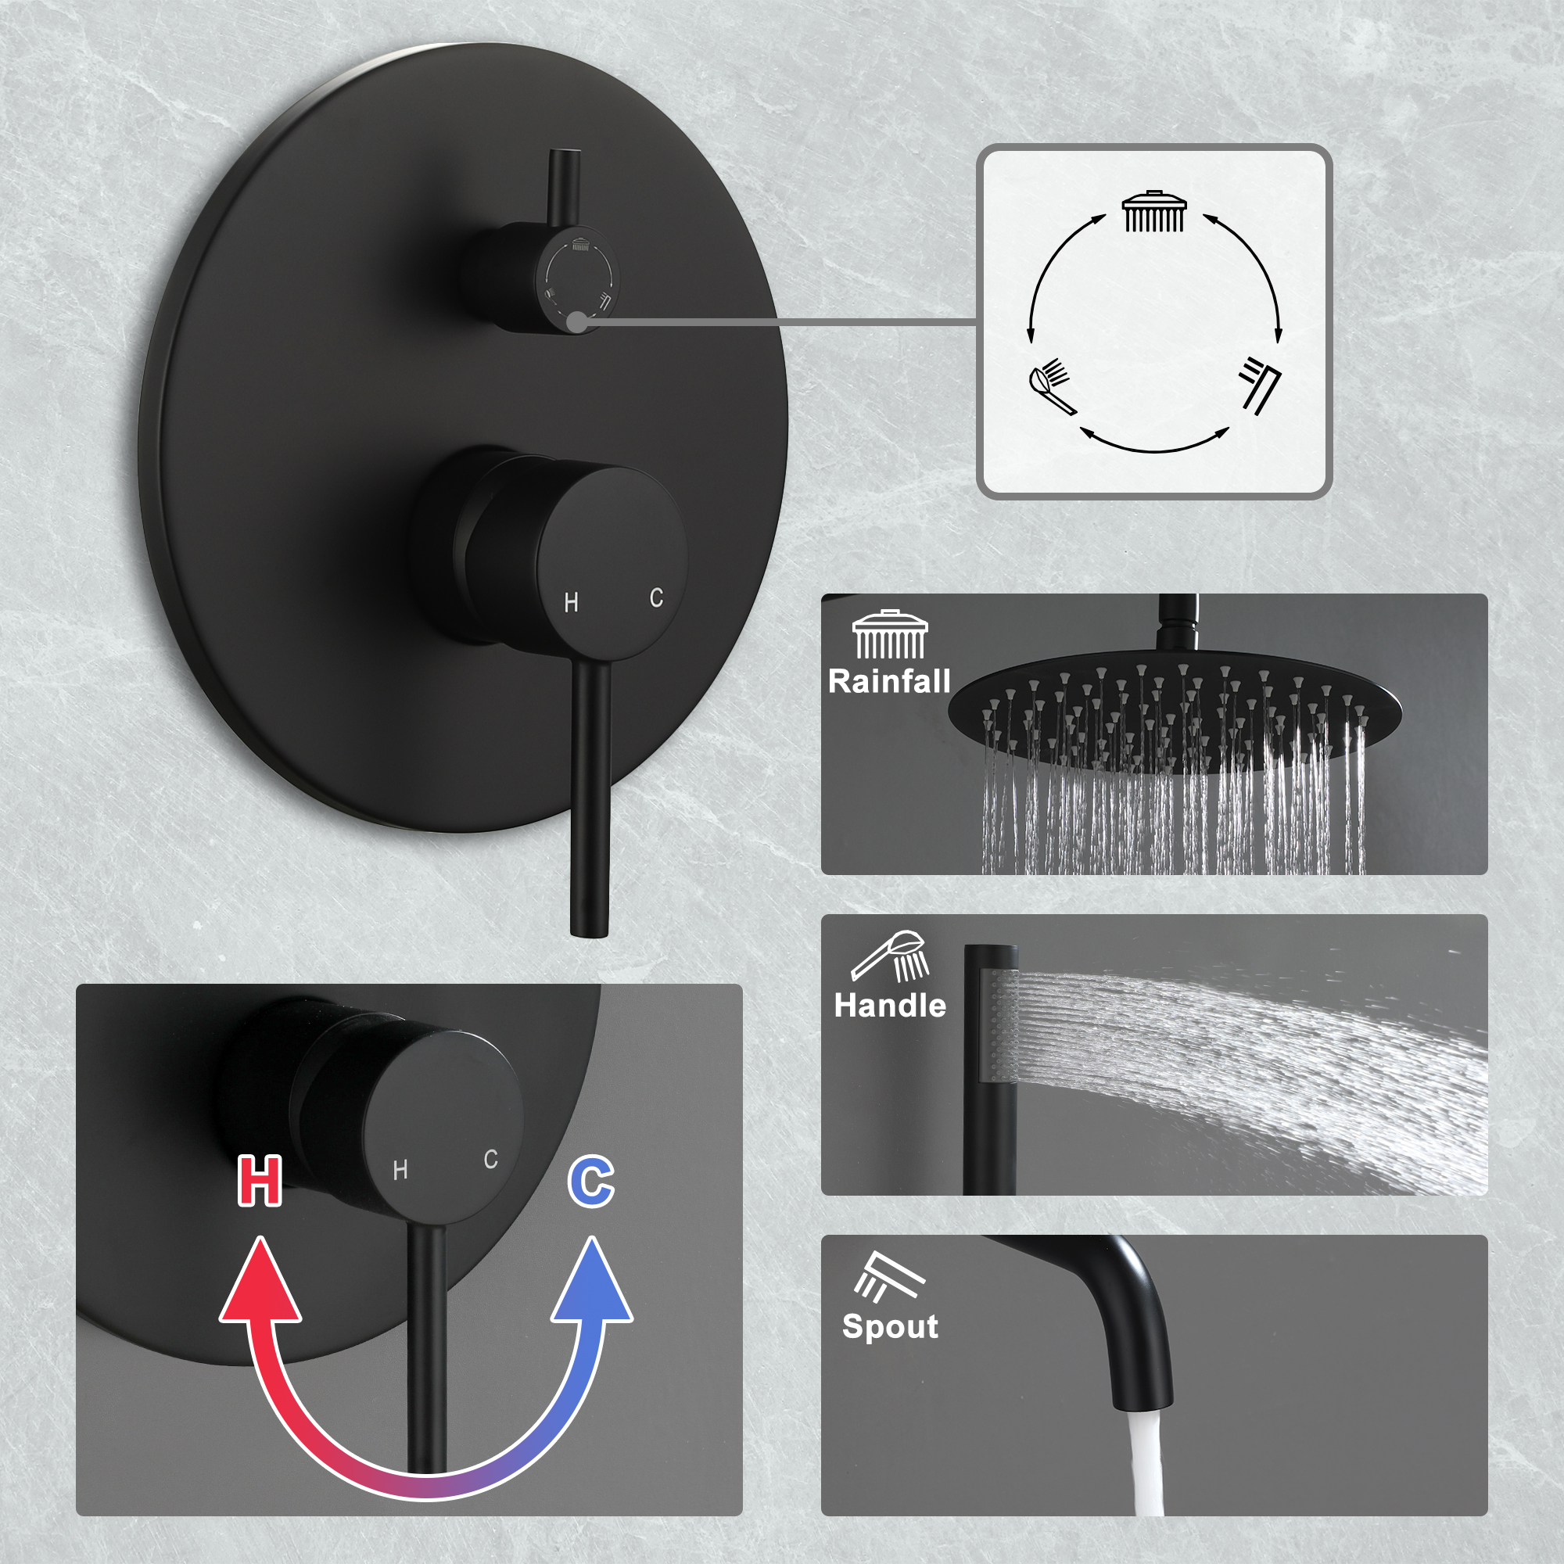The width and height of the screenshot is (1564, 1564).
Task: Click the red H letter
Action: point(260,1181)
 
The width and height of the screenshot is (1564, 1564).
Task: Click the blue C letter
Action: point(592,1182)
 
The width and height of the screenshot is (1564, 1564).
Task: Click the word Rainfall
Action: point(889,681)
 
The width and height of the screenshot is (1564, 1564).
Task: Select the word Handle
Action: point(890,1006)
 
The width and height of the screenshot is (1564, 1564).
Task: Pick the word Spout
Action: point(890,1326)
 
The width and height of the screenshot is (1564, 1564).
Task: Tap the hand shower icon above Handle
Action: point(890,956)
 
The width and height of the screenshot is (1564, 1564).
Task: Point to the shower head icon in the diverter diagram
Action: point(1153,211)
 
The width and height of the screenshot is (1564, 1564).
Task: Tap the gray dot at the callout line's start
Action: point(577,321)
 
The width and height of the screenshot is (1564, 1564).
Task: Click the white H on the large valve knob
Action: point(572,602)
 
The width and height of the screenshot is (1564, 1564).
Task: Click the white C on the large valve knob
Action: point(657,598)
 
